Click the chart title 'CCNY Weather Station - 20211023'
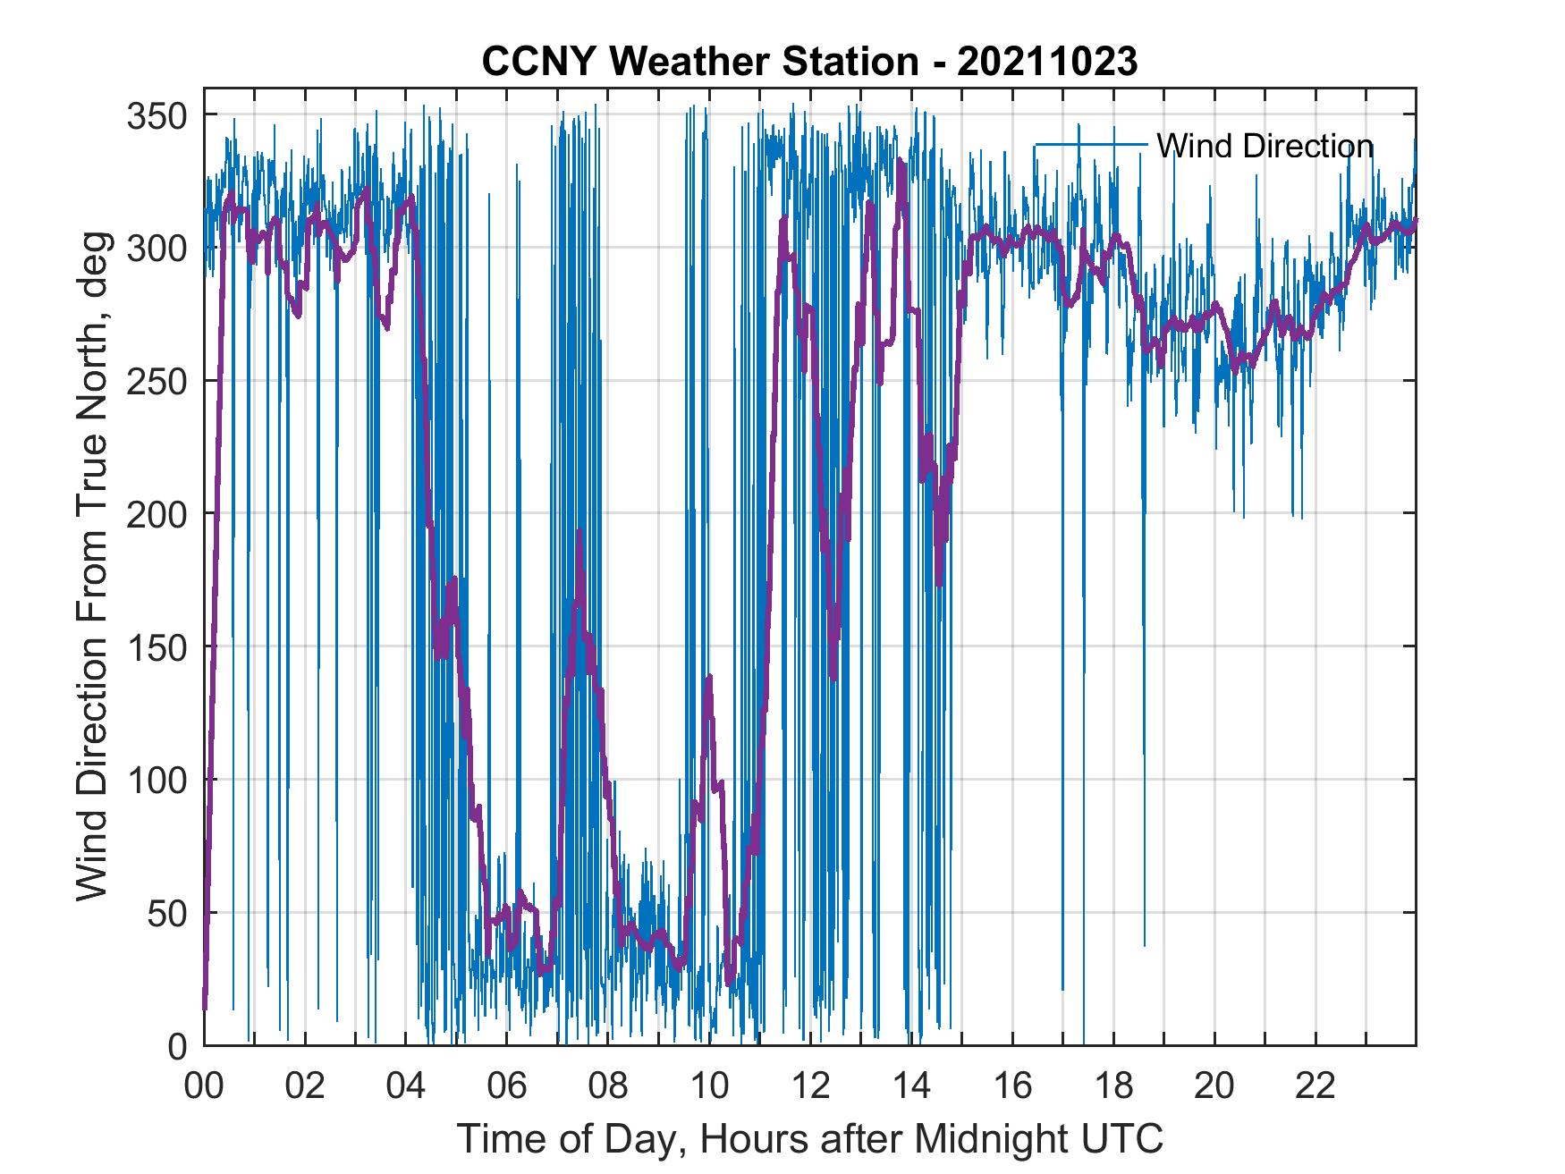click(809, 62)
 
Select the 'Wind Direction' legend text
click(1265, 146)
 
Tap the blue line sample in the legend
click(1090, 144)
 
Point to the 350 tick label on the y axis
click(157, 116)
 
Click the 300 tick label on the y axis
click(157, 249)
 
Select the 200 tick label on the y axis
click(157, 514)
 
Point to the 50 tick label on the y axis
click(167, 913)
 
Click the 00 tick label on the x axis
click(204, 1087)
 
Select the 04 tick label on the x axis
click(406, 1087)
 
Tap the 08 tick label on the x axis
click(608, 1087)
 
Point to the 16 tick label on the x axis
click(1012, 1087)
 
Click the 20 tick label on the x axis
click(1214, 1087)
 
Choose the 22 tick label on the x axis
click(1315, 1087)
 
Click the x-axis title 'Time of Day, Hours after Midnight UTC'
click(810, 1140)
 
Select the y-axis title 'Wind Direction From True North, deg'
click(93, 567)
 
